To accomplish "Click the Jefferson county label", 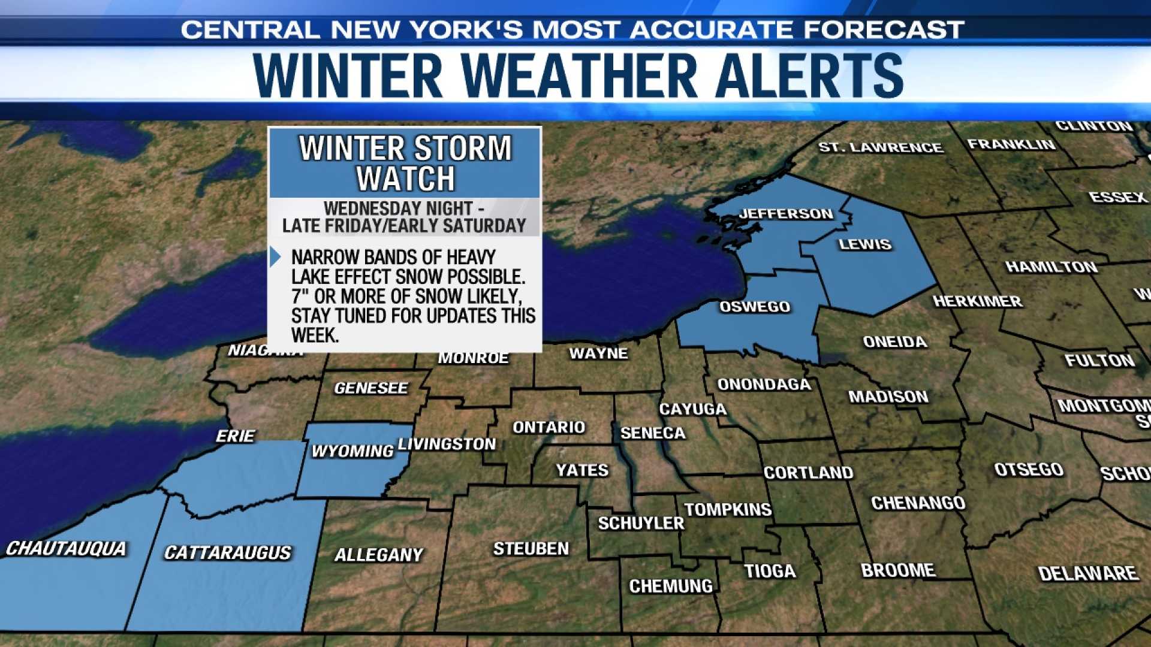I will point(785,214).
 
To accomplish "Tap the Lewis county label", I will point(864,244).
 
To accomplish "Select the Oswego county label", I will point(755,307).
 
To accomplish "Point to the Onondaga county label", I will point(764,385).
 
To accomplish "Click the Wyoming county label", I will point(352,451).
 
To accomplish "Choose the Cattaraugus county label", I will point(228,552).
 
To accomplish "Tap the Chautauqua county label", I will point(66,549).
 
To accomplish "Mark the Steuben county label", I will point(531,549).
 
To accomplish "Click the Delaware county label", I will point(1087,574).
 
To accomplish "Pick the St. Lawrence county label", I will point(881,147).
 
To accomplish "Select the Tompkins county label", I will point(728,510).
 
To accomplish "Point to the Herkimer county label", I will point(977,301).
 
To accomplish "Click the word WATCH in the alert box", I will point(406,179).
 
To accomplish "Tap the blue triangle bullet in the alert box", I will point(275,257).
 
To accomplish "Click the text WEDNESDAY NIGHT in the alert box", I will point(398,208).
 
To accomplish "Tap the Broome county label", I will point(897,570).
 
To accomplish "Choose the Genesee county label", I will point(371,388).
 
